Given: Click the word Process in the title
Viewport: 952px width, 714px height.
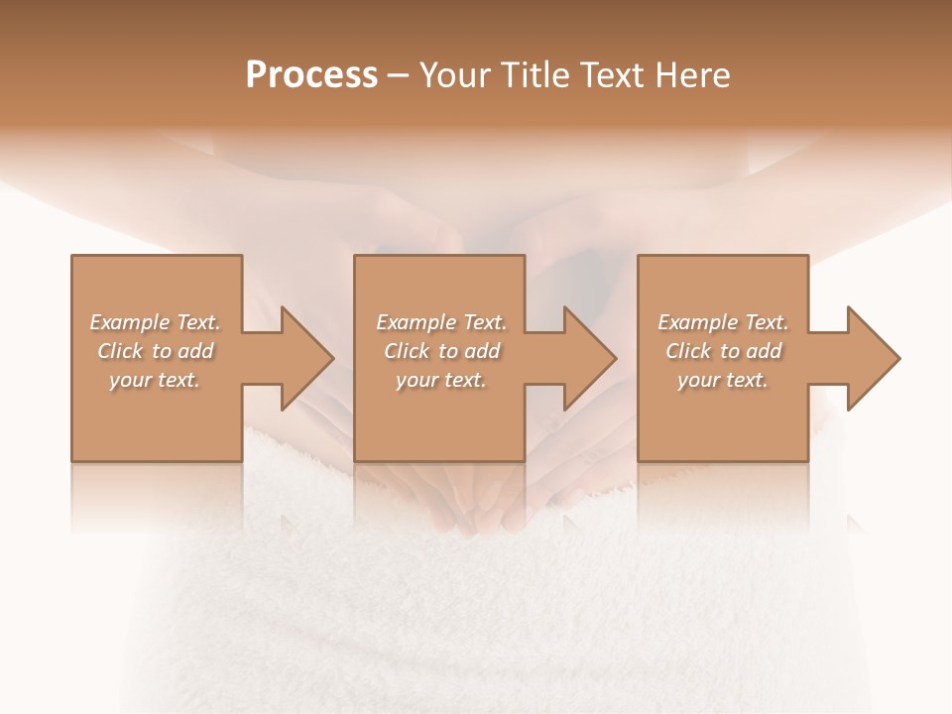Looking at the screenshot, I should (311, 75).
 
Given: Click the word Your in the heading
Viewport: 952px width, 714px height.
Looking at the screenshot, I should (456, 75).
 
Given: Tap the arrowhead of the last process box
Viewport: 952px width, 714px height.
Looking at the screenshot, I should (872, 359).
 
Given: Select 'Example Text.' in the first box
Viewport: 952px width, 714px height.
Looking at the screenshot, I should (155, 322).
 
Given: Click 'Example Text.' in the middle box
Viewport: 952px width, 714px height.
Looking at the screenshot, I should (441, 322).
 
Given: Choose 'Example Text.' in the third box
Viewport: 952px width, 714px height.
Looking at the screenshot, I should (723, 322).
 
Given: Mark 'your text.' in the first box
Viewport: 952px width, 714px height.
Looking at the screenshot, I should (155, 380).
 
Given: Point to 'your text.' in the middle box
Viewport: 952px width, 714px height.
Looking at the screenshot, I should (441, 380).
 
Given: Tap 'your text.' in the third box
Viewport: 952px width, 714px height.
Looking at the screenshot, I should (723, 380).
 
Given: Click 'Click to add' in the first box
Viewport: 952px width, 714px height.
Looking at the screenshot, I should (155, 351).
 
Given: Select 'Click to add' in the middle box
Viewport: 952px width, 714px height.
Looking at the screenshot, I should (441, 351).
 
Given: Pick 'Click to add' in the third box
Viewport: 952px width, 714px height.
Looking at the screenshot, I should (723, 351).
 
